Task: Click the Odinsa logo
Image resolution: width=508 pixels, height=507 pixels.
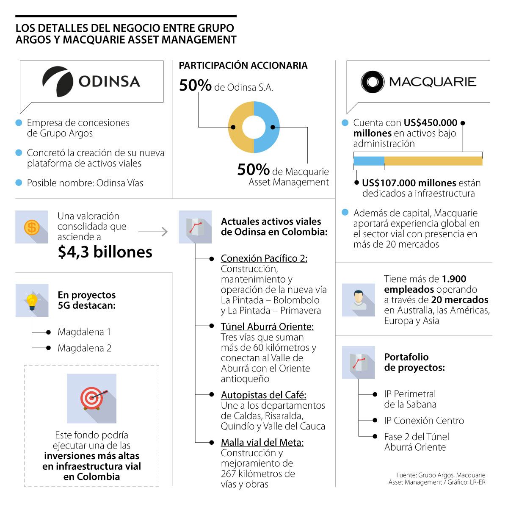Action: pos(91,81)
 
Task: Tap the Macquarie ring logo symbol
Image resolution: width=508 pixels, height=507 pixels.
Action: pos(372,82)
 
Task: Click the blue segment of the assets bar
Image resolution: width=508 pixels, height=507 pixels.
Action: pos(369,161)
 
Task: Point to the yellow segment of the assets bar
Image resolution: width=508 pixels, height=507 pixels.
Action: pos(433,161)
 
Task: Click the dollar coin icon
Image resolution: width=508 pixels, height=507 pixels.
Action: pos(32,227)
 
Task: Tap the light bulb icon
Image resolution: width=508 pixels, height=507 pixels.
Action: pos(32,300)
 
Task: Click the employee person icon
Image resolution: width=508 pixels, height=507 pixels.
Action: pos(358,300)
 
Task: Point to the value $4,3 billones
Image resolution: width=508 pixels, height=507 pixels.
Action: pos(105,252)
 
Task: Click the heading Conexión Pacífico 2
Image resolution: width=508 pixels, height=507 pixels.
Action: pos(264,258)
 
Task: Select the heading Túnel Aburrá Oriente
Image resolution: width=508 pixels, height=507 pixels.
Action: pos(267,327)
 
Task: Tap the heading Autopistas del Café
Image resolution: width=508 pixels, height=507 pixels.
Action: pos(263,395)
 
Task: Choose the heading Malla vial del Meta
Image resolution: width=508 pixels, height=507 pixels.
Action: pos(262,443)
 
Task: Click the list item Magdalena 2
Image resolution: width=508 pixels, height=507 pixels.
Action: pos(84,348)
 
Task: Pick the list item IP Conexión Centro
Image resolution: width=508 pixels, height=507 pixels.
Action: pos(424,421)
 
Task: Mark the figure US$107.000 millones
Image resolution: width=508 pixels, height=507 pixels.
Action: pos(409,183)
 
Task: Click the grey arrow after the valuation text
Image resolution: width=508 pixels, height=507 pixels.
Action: pos(153,232)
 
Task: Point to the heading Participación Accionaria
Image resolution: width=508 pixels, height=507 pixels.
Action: pos(243,66)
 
